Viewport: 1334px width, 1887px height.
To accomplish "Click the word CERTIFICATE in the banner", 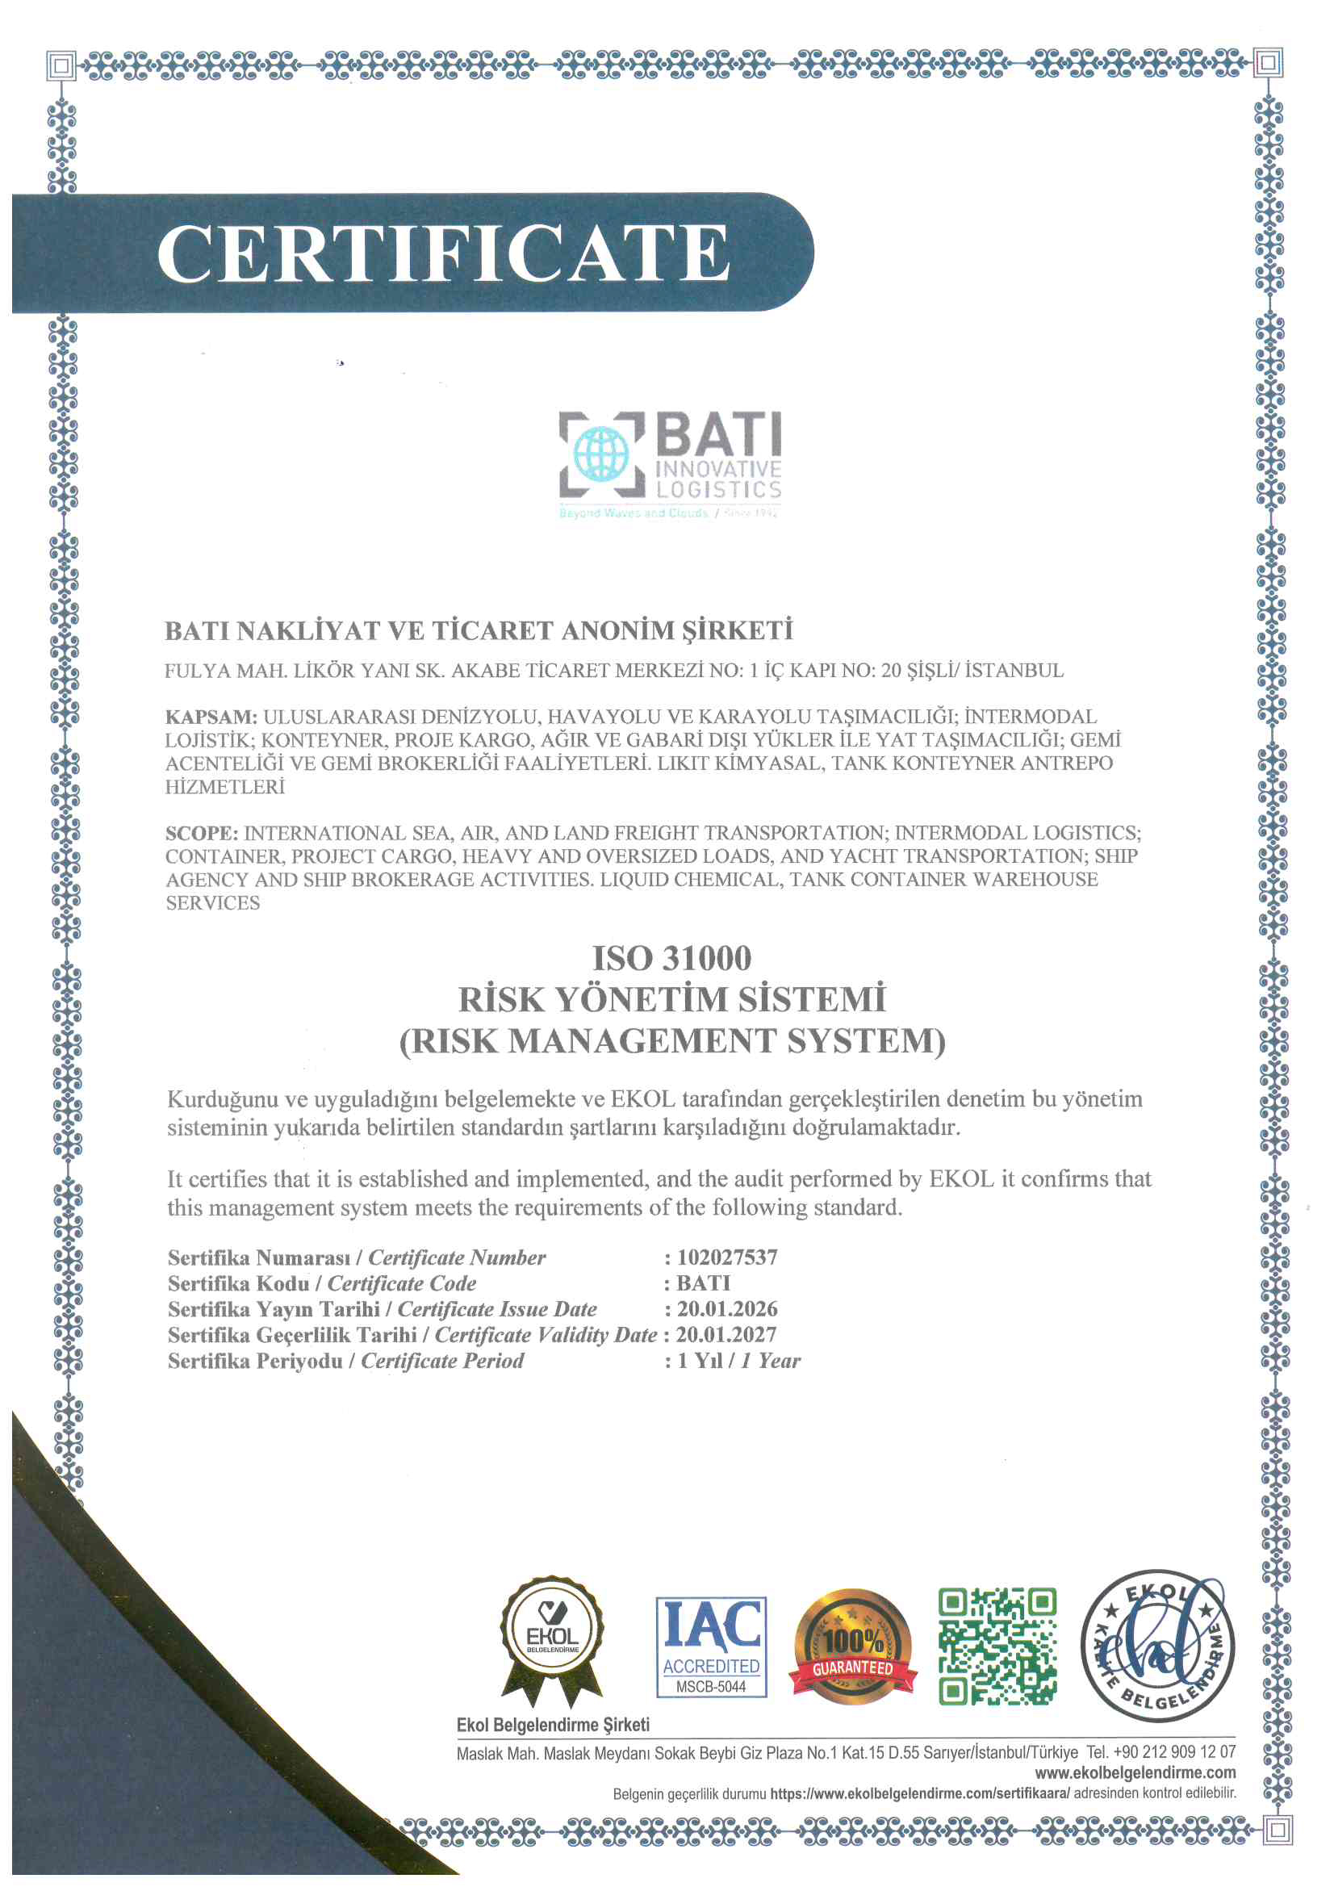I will coord(442,253).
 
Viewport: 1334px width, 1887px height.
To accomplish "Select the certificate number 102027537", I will coord(726,1257).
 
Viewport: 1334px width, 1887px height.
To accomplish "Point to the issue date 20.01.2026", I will coord(726,1308).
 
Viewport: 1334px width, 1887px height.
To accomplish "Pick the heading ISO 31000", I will coord(671,958).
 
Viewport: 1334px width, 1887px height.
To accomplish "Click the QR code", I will coord(997,1646).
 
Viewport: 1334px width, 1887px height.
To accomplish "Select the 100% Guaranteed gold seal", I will coord(852,1646).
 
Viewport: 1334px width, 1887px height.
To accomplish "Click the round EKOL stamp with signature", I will coord(1157,1646).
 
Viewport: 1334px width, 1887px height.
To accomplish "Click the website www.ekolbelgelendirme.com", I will coord(1135,1772).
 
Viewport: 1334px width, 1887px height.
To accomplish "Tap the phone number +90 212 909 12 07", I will coord(1174,1752).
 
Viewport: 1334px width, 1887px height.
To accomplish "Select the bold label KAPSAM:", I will coord(211,717).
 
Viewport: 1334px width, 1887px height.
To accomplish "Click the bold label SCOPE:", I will coord(203,834).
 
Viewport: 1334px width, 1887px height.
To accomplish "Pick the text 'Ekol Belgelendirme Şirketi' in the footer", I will coord(553,1725).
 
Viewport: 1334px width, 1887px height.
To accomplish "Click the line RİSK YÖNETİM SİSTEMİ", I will coord(671,999).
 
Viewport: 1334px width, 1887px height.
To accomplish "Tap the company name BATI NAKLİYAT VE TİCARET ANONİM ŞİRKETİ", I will coord(479,631).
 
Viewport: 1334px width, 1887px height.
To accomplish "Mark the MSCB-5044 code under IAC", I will coord(711,1687).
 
